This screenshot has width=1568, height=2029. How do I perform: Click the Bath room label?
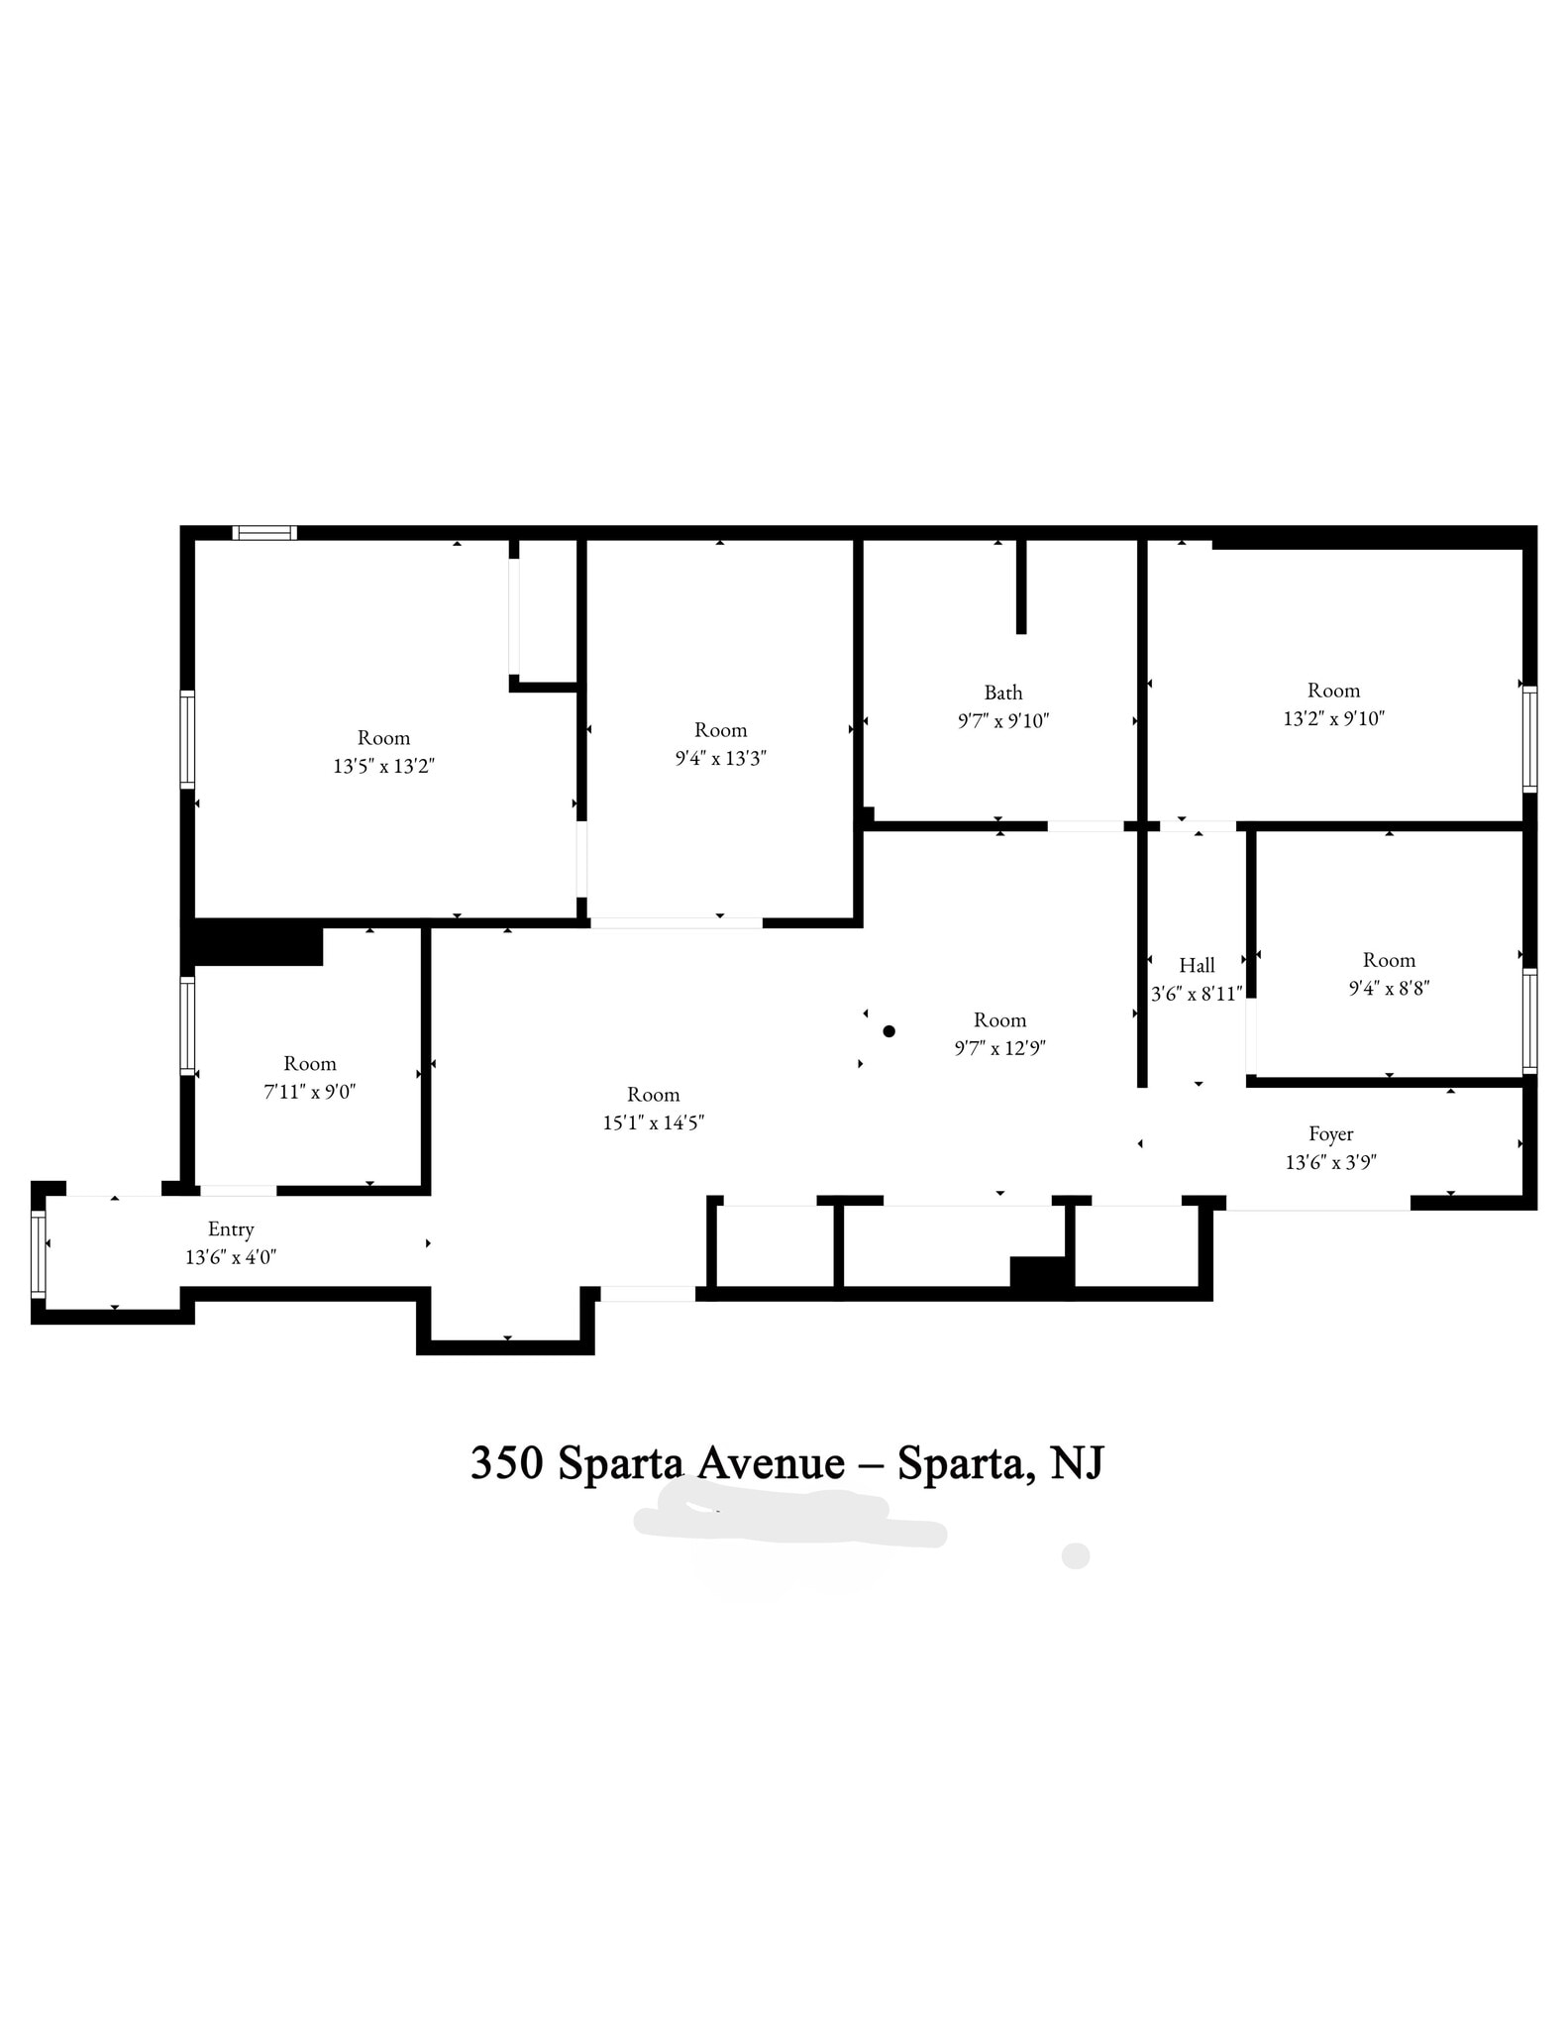(x=1002, y=693)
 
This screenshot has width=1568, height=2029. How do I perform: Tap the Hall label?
(x=1197, y=965)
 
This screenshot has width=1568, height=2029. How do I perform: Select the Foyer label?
(x=1330, y=1134)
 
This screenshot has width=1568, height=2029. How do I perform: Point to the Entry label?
(x=231, y=1229)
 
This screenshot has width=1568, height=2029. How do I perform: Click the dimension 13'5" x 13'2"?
(x=383, y=766)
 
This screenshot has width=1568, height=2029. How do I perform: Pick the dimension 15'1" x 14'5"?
(x=653, y=1122)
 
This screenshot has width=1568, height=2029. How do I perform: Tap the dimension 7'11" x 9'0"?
(x=310, y=1092)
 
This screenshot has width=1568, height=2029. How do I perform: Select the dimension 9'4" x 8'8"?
(x=1389, y=988)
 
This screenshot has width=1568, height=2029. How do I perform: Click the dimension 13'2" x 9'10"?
(x=1333, y=718)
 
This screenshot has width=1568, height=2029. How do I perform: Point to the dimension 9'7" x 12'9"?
(x=999, y=1048)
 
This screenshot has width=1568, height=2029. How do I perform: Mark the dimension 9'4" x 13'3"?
(x=720, y=758)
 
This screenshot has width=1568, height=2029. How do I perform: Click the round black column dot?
(x=889, y=1031)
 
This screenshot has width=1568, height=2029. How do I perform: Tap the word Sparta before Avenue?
(x=620, y=1463)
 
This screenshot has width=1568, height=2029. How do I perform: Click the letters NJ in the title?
(x=1076, y=1463)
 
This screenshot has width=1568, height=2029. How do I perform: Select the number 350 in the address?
(x=506, y=1463)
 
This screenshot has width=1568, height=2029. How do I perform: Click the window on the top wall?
(x=264, y=533)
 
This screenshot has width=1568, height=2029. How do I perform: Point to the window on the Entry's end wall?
(x=38, y=1253)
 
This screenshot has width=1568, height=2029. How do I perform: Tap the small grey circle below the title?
(x=1075, y=1555)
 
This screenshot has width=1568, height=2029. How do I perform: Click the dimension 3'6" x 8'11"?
(x=1197, y=994)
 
